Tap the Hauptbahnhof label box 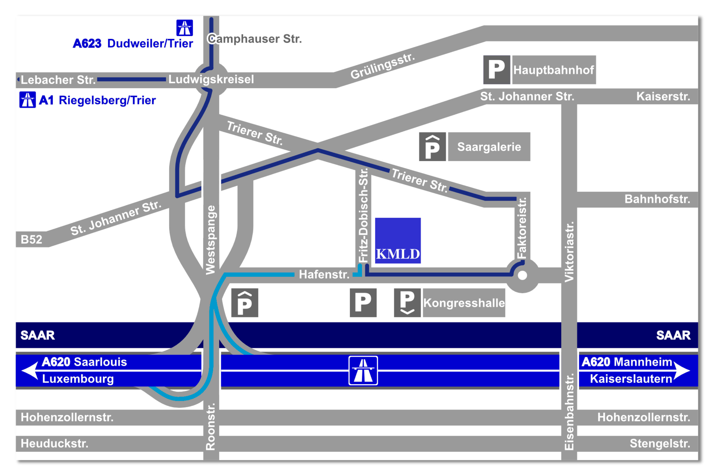554,70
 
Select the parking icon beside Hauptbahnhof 497,70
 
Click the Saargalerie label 489,147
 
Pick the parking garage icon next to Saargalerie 432,147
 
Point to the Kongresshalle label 464,303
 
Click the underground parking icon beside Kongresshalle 407,303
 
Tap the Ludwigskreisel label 211,79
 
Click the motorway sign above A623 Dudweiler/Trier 185,28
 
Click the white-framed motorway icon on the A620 363,370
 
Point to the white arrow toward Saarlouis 30,370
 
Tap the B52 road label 31,240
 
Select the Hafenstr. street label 324,274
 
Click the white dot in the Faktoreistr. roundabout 522,275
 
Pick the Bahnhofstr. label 657,199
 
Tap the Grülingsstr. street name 382,66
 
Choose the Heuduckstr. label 54,443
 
